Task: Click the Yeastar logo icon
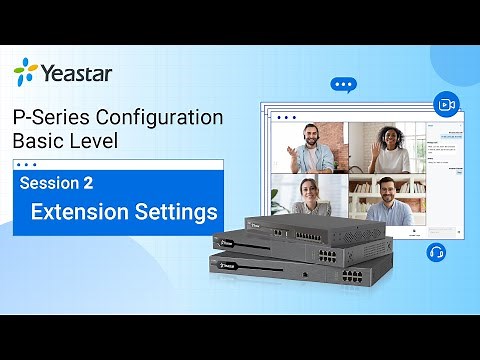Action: (26, 71)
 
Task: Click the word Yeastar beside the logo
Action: (77, 72)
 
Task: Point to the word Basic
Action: (38, 142)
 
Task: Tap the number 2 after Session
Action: (103, 183)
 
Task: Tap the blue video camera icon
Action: (445, 104)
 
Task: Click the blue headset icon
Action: (436, 251)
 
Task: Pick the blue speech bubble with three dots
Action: (344, 86)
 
